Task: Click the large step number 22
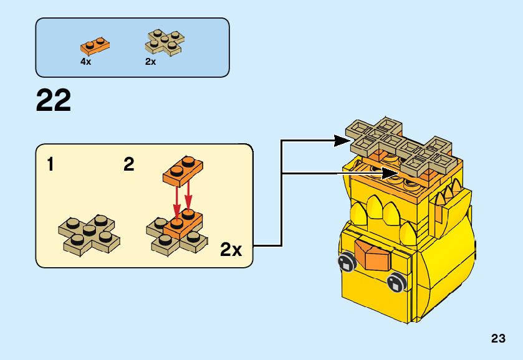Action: tap(54, 101)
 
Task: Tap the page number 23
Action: tap(498, 339)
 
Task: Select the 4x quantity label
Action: tap(86, 62)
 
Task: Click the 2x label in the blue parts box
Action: tap(150, 62)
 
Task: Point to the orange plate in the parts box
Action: tap(95, 45)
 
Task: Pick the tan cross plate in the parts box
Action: tap(165, 41)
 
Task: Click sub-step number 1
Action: tap(50, 165)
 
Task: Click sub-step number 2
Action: tap(129, 165)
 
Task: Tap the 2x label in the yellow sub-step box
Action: tap(231, 250)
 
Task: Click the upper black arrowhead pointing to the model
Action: tap(339, 141)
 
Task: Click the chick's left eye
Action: tap(345, 263)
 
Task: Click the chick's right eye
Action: tap(394, 283)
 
